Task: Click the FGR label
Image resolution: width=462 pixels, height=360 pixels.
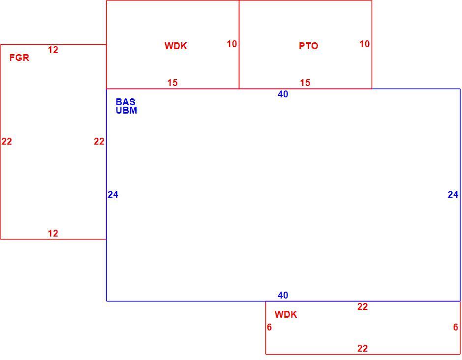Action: click(20, 58)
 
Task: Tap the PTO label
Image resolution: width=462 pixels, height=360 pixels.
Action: click(309, 46)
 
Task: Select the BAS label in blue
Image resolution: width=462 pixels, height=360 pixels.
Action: click(125, 102)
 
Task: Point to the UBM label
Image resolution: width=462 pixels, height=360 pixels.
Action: click(126, 110)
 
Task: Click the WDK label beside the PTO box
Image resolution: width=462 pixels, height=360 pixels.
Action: click(176, 46)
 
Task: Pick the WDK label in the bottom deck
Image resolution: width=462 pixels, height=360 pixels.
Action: click(286, 315)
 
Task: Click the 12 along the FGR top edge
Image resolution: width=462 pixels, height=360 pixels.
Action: click(53, 50)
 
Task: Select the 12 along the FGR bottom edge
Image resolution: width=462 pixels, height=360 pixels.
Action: click(53, 234)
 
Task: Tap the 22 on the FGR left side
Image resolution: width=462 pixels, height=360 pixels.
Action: click(7, 142)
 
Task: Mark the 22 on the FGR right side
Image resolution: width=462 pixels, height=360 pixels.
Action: click(99, 142)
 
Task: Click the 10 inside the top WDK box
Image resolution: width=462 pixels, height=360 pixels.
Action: click(232, 44)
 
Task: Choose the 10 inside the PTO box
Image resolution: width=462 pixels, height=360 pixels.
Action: click(365, 44)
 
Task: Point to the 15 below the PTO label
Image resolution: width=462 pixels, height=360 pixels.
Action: click(305, 83)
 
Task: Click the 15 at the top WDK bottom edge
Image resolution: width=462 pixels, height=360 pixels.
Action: click(173, 83)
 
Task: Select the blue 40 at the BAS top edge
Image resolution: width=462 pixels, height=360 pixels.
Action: click(283, 94)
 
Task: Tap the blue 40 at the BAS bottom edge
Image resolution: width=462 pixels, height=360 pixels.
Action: click(283, 296)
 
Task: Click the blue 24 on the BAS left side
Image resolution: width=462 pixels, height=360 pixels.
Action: click(113, 195)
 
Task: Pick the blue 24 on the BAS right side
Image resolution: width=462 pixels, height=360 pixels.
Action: click(453, 195)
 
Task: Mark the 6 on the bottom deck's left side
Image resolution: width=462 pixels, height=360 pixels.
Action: click(269, 327)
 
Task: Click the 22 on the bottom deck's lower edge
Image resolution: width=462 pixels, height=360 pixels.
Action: click(363, 349)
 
